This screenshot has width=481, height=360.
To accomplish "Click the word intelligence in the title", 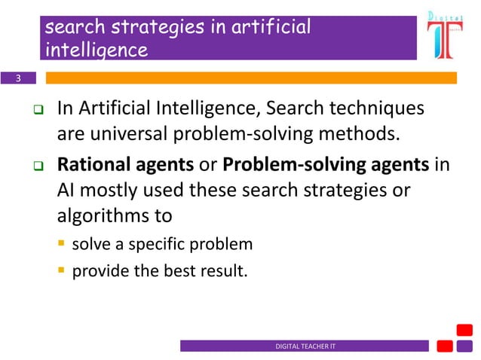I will tap(96, 50).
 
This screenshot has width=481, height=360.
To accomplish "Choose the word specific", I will tap(158, 245).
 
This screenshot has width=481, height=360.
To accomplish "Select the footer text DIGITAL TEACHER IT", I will tap(305, 346).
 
